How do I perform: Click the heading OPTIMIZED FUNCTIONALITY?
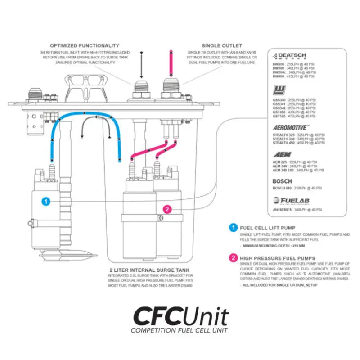[85, 45]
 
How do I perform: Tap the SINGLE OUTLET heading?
[222, 45]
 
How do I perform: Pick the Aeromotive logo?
[291, 128]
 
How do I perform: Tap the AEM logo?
[282, 154]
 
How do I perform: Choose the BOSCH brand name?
[282, 181]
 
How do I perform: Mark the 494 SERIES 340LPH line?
[297, 210]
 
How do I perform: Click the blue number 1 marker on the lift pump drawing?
[45, 201]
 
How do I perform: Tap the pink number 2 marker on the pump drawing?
[167, 209]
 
